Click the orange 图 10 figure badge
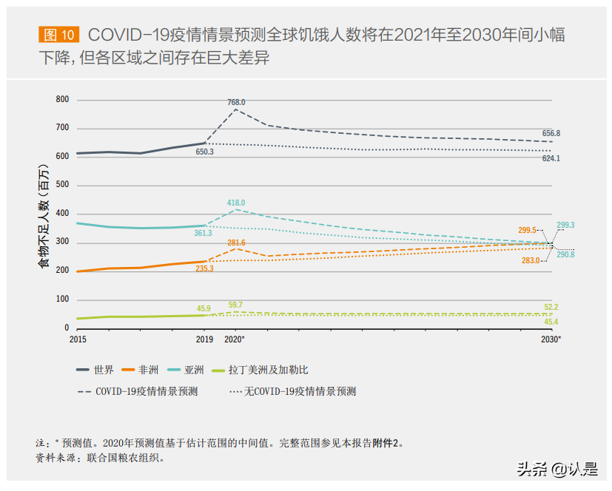[57, 35]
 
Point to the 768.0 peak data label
[236, 102]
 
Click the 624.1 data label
[551, 158]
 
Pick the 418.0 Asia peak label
[236, 203]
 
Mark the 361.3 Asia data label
[204, 233]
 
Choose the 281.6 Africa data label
[236, 243]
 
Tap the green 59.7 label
[235, 304]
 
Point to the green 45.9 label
[204, 308]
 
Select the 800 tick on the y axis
[62, 100]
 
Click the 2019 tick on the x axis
[204, 339]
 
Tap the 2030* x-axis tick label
[551, 339]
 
